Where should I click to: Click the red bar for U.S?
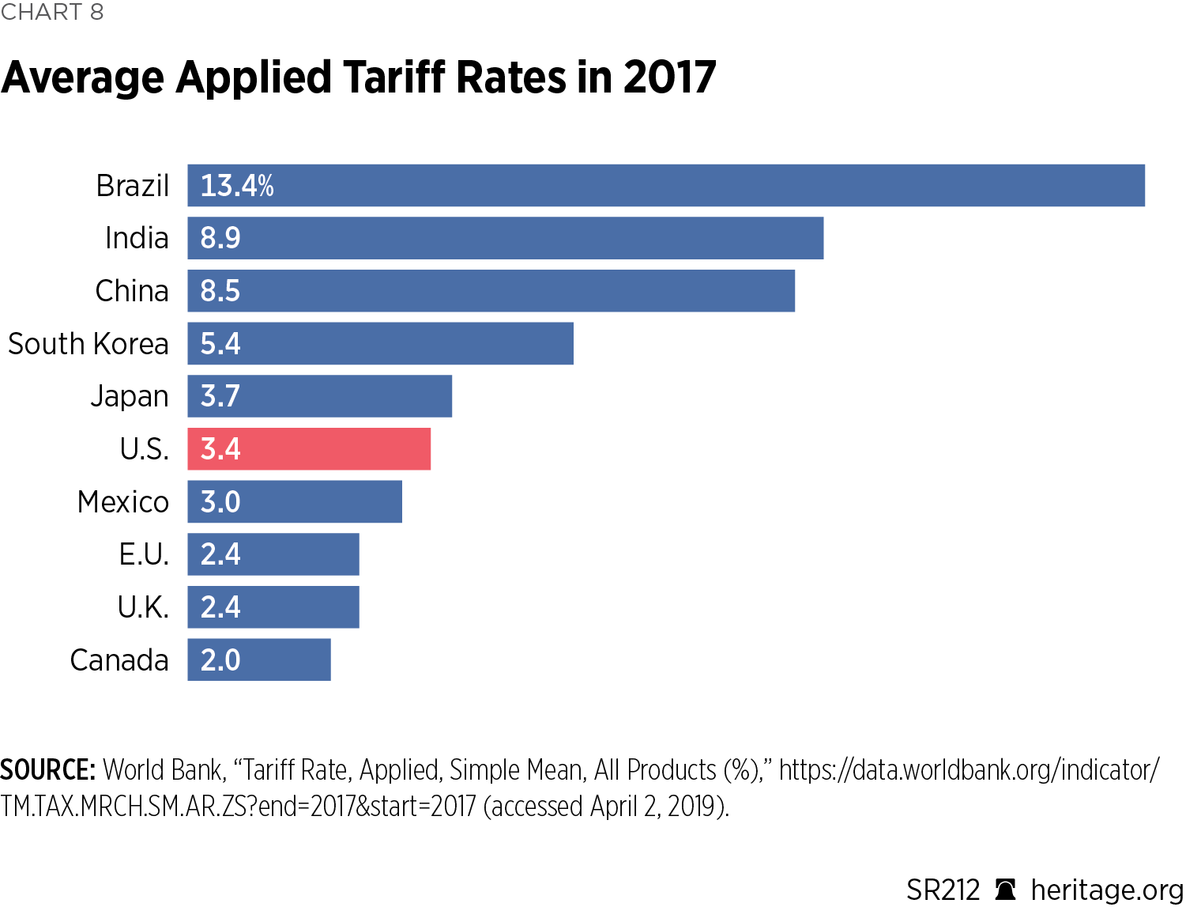point(309,449)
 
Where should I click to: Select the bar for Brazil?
point(666,186)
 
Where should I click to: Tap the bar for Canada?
point(259,659)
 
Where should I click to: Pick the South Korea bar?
point(380,343)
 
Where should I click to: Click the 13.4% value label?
point(237,186)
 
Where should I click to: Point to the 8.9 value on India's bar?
point(220,238)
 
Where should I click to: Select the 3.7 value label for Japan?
point(220,396)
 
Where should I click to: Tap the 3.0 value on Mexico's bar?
point(220,502)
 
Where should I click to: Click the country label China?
point(132,291)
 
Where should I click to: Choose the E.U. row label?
point(144,554)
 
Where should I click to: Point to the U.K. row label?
point(143,607)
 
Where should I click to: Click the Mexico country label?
point(123,502)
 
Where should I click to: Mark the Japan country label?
point(130,396)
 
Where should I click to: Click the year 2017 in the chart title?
point(669,77)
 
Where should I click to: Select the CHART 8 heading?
point(52,12)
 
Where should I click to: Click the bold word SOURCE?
point(48,769)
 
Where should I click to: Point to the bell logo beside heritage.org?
point(1005,890)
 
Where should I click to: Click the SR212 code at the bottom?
point(943,890)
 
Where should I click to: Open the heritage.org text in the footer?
point(1107,890)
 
